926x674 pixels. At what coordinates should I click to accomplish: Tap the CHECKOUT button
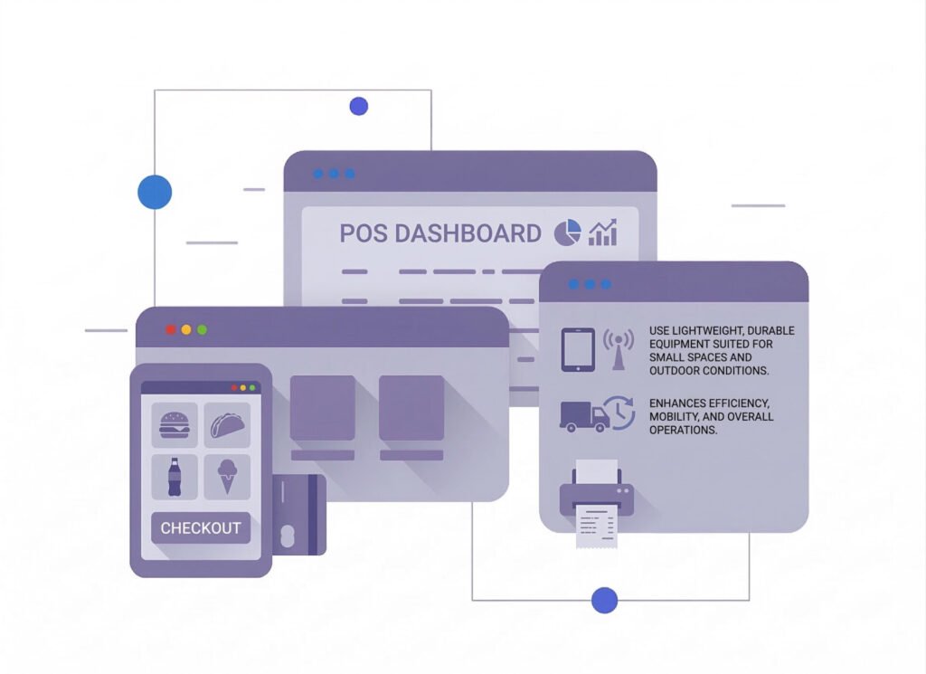tap(201, 527)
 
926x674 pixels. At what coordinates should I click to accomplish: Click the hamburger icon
tap(175, 424)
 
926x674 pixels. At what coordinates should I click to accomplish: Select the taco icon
tap(226, 424)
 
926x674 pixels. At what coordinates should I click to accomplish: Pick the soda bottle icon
tap(175, 477)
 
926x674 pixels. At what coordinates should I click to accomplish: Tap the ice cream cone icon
tap(226, 476)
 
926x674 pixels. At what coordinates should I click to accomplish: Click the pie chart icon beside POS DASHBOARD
tap(567, 233)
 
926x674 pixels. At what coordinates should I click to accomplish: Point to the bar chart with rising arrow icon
tap(603, 232)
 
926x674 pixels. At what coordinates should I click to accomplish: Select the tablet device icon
tap(578, 349)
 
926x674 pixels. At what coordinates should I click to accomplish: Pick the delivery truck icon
tap(583, 415)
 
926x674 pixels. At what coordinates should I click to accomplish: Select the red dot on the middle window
tap(170, 330)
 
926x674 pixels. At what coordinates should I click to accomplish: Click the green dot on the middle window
tap(202, 330)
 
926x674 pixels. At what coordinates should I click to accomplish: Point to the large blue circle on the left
tap(155, 192)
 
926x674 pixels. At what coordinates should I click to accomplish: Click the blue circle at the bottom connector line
tap(604, 600)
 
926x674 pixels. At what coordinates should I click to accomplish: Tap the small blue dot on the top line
tap(359, 107)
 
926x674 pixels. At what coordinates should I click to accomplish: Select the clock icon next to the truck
tap(620, 412)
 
